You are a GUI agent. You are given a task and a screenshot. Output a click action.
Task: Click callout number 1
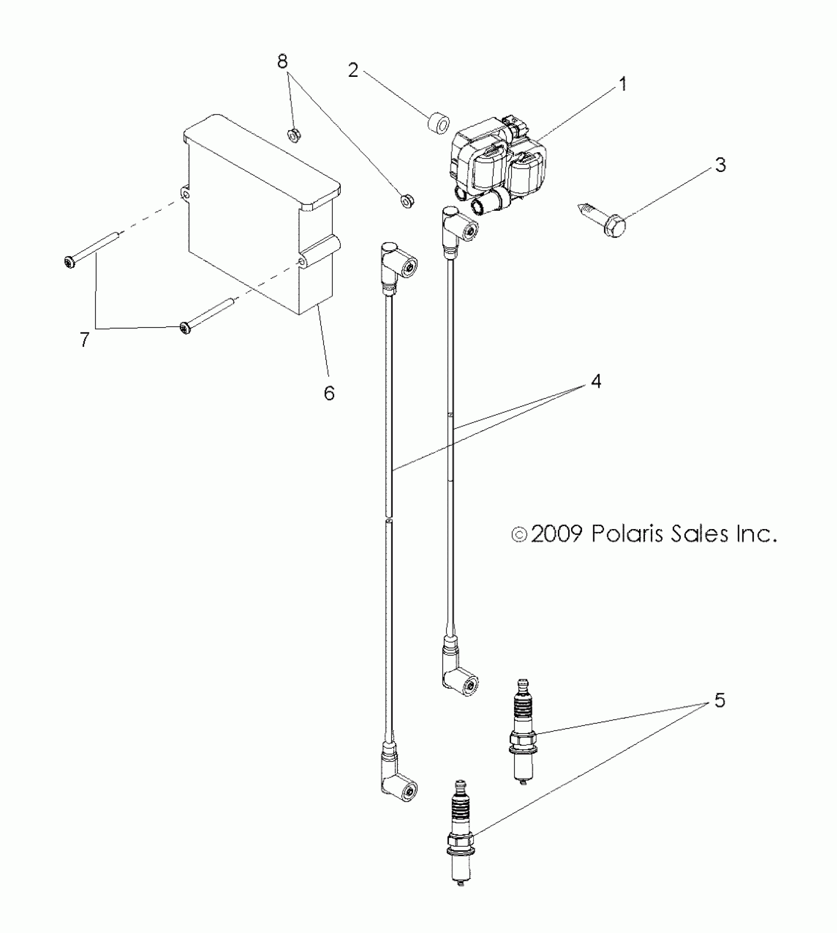tap(623, 85)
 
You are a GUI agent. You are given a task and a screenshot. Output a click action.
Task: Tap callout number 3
tap(720, 165)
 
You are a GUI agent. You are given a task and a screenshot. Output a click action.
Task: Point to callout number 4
tap(596, 381)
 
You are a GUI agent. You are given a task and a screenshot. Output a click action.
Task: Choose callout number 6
tap(329, 393)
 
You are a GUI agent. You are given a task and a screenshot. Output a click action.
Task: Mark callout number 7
tap(85, 339)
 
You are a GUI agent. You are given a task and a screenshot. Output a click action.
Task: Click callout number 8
tap(283, 62)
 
